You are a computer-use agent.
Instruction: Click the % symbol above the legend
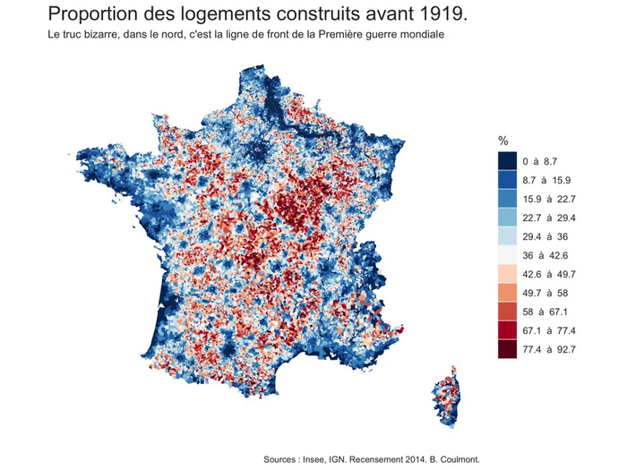coord(503,141)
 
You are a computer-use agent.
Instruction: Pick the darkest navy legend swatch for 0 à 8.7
coord(508,161)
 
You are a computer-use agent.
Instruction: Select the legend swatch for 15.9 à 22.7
coord(508,199)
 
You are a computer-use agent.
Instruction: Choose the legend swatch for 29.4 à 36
coord(508,236)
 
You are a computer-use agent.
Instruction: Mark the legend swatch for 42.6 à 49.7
coord(508,274)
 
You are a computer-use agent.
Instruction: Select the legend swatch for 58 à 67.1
coord(508,312)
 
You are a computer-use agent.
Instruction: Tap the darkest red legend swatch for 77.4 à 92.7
coord(508,349)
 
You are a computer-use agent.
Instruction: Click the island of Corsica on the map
coord(447,394)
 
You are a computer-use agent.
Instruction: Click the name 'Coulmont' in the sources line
coord(460,459)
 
